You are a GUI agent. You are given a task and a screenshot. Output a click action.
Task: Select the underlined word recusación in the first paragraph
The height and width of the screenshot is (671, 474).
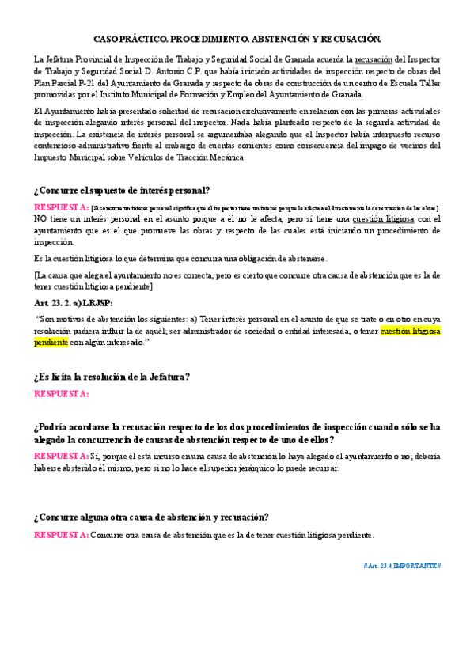pyautogui.click(x=374, y=59)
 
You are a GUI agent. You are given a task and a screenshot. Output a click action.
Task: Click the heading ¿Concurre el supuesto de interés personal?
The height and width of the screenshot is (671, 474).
pyautogui.click(x=121, y=190)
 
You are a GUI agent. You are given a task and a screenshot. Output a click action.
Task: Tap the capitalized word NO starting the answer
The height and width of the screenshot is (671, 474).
pyautogui.click(x=40, y=218)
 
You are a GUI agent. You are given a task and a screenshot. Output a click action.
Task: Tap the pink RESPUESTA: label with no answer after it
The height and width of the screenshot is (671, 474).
pyautogui.click(x=60, y=393)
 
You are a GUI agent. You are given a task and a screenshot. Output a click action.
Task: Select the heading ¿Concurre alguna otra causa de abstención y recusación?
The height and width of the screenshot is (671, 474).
pyautogui.click(x=151, y=517)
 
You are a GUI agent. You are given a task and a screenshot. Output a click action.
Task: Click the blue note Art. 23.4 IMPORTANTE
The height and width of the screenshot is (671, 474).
pyautogui.click(x=401, y=565)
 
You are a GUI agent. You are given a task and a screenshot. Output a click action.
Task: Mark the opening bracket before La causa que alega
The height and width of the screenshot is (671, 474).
pyautogui.click(x=36, y=275)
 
